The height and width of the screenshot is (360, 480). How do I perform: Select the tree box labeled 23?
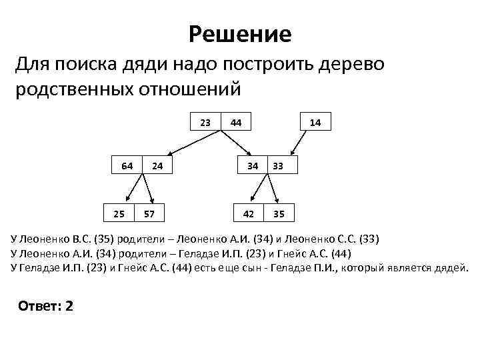coord(206,122)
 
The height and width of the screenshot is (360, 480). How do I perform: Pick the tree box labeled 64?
coord(127,165)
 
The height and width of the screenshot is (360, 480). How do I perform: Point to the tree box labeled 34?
coord(253,165)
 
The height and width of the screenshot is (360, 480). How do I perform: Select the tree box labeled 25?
coord(118,214)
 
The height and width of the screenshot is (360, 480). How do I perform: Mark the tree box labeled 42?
coord(248,214)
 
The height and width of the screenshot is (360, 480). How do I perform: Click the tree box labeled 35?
coord(279,214)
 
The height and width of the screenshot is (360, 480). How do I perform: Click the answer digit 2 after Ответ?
coord(69,306)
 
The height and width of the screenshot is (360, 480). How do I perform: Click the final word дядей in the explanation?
coord(451,269)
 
